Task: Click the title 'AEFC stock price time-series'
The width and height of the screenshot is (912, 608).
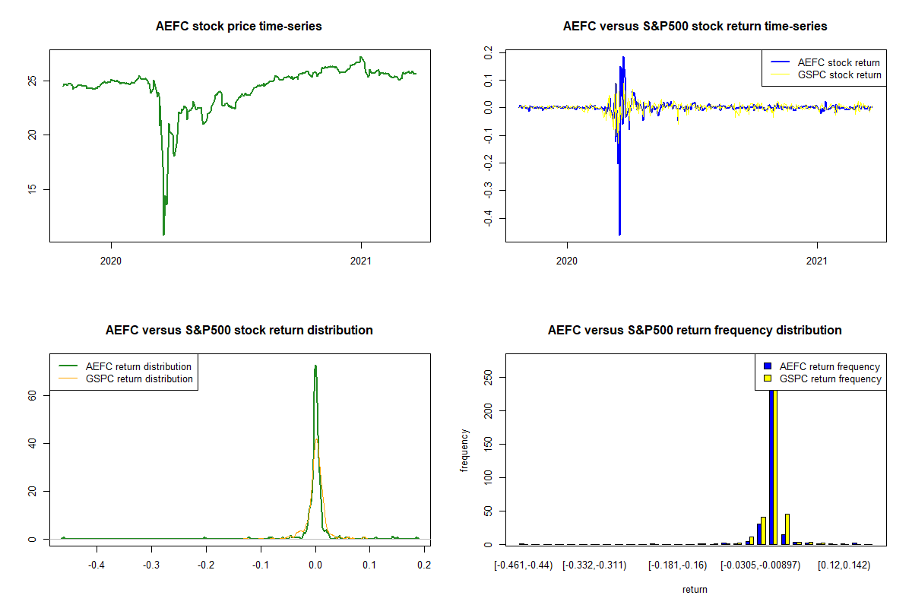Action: pyautogui.click(x=239, y=27)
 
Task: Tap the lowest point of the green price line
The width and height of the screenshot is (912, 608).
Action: pyautogui.click(x=163, y=234)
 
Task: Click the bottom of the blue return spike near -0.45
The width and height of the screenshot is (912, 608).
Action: pyautogui.click(x=619, y=233)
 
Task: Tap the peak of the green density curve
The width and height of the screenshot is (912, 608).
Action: pyautogui.click(x=315, y=366)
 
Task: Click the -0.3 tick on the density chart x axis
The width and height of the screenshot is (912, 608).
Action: pyautogui.click(x=151, y=565)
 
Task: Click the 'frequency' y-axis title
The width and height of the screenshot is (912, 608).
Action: pyautogui.click(x=464, y=450)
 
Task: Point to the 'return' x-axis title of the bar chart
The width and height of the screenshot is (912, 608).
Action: pyautogui.click(x=695, y=589)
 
